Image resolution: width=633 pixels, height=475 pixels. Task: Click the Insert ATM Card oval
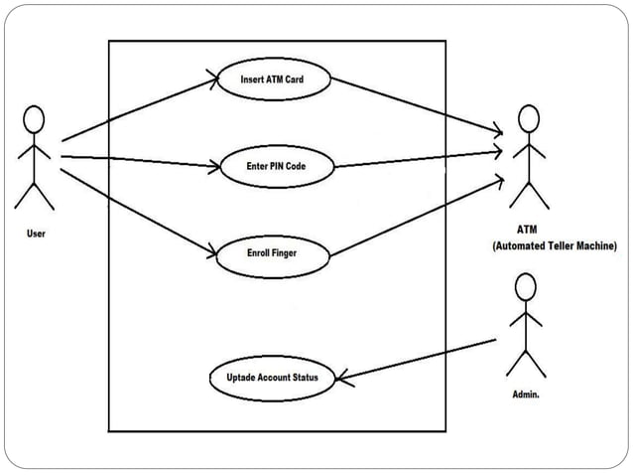coord(272,80)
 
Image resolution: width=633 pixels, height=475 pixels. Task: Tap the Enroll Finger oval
coord(272,253)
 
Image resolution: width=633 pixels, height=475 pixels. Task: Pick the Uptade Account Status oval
coord(272,378)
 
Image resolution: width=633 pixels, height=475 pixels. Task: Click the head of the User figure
coord(35,119)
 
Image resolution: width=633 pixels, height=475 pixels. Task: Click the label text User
coord(36,235)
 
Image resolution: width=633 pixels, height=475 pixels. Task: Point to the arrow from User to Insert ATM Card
coord(139,109)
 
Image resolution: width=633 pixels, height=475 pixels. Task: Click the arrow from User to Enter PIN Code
coord(139,161)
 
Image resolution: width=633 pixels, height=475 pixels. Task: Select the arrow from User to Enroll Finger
coord(139,211)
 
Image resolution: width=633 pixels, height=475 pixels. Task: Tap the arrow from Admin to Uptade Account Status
coord(417,359)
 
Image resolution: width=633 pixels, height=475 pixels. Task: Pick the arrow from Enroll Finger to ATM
coord(417,220)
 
